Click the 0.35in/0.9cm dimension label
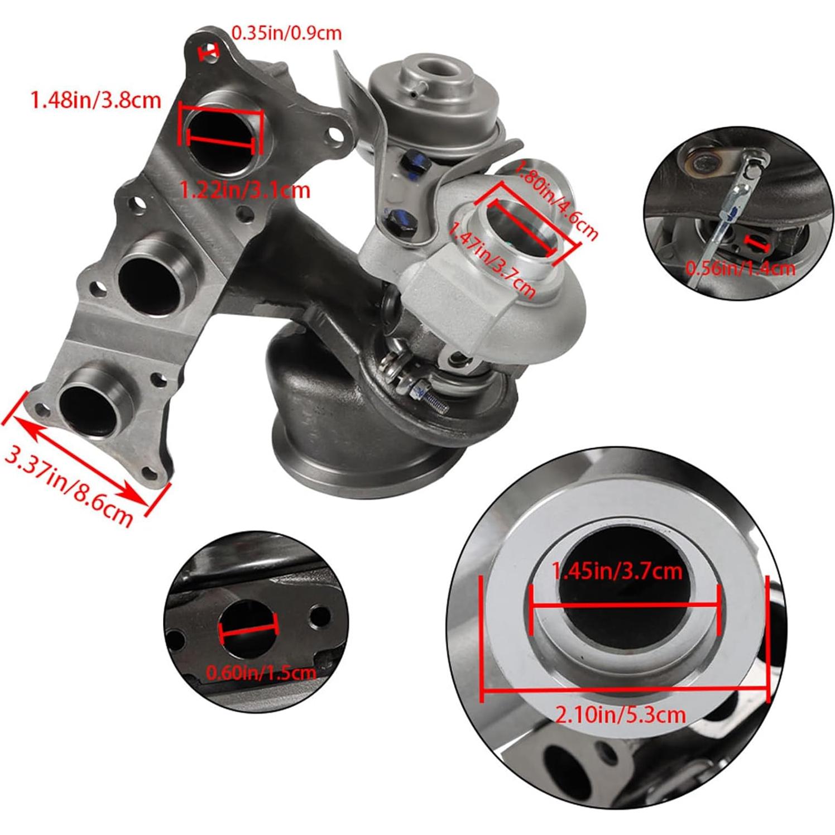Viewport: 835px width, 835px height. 286,33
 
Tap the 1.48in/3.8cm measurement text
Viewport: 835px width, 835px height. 95,100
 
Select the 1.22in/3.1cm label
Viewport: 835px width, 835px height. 244,191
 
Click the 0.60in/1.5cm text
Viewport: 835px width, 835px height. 261,672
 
